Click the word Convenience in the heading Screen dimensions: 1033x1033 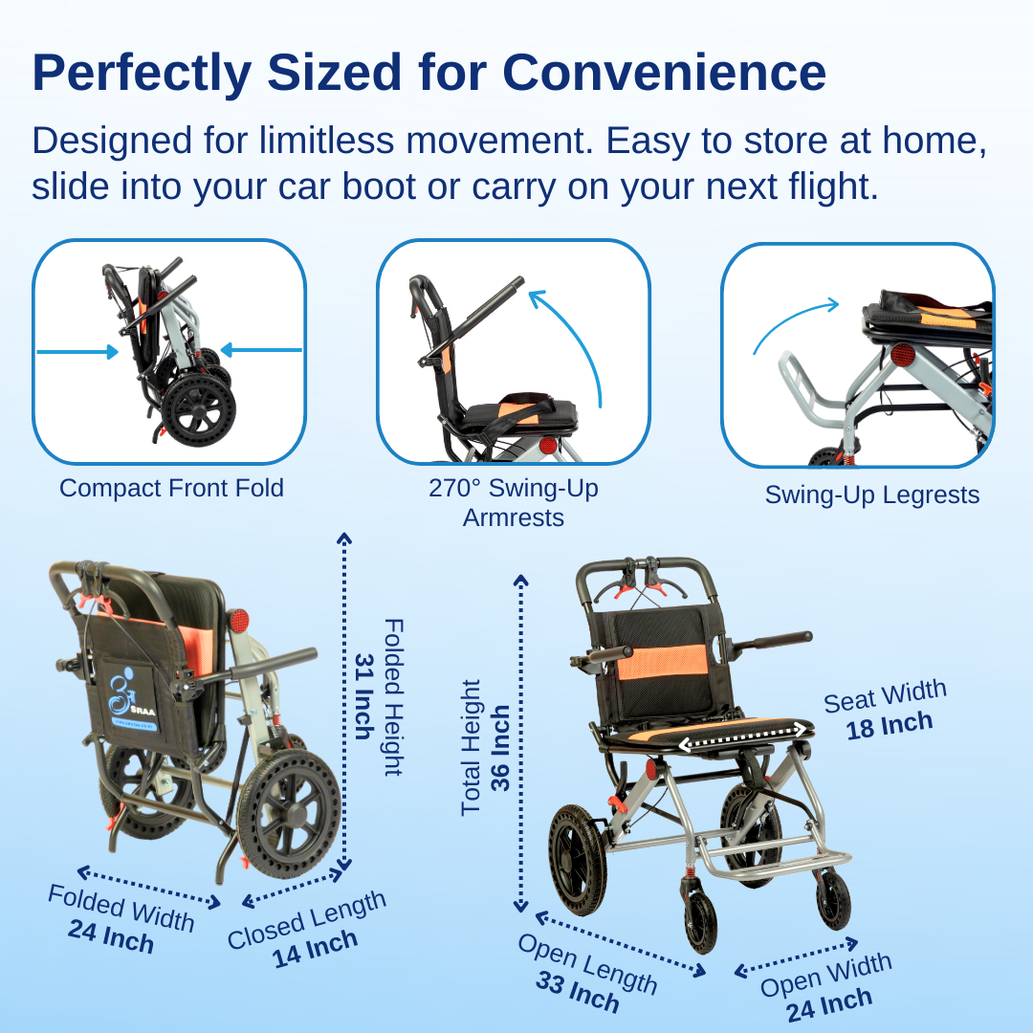point(664,73)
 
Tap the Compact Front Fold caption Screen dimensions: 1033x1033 point(171,488)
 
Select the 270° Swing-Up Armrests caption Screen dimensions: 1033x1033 point(513,502)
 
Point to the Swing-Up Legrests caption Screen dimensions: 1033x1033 point(871,495)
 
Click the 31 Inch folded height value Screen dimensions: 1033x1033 point(364,696)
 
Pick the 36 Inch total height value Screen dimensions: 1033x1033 point(499,748)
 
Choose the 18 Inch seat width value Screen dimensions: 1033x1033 point(889,726)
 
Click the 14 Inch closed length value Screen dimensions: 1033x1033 point(315,947)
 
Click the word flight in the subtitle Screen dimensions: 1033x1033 point(823,187)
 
